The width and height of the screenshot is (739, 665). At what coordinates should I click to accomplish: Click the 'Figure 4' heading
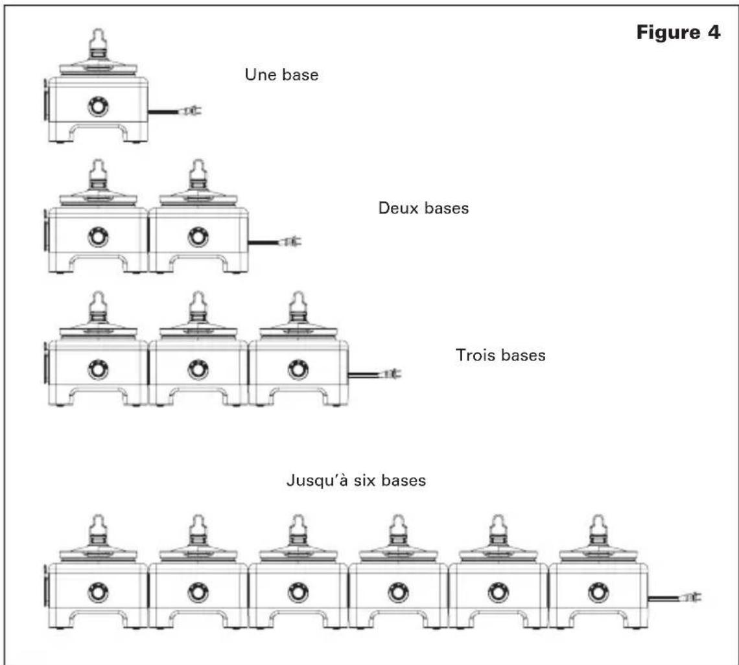tap(678, 33)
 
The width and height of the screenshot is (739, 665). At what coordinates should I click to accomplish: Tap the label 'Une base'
tap(281, 75)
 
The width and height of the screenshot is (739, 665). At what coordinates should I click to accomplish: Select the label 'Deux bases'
tap(423, 208)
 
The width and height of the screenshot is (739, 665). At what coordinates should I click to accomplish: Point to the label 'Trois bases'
tap(500, 355)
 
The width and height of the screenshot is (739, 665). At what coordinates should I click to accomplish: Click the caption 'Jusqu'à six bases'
tap(357, 480)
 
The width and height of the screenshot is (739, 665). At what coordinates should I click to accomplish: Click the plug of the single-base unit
tap(191, 111)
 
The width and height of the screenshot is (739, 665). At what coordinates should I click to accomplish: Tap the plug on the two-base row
tap(290, 242)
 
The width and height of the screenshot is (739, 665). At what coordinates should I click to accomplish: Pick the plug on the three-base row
tap(390, 375)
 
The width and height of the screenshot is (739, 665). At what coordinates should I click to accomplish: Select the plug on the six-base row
tap(690, 598)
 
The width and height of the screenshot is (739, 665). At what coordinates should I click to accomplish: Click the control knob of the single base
tap(98, 106)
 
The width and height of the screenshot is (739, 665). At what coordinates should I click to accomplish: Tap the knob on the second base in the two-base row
tap(198, 237)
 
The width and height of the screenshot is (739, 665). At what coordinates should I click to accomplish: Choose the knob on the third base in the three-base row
tap(298, 369)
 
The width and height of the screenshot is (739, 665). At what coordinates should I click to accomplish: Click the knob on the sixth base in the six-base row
tap(598, 593)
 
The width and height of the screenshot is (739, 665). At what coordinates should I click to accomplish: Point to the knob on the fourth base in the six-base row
tap(398, 593)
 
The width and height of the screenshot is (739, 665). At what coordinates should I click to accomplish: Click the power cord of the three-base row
tap(364, 375)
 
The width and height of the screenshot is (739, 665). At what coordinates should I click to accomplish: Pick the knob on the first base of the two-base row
tap(98, 237)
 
